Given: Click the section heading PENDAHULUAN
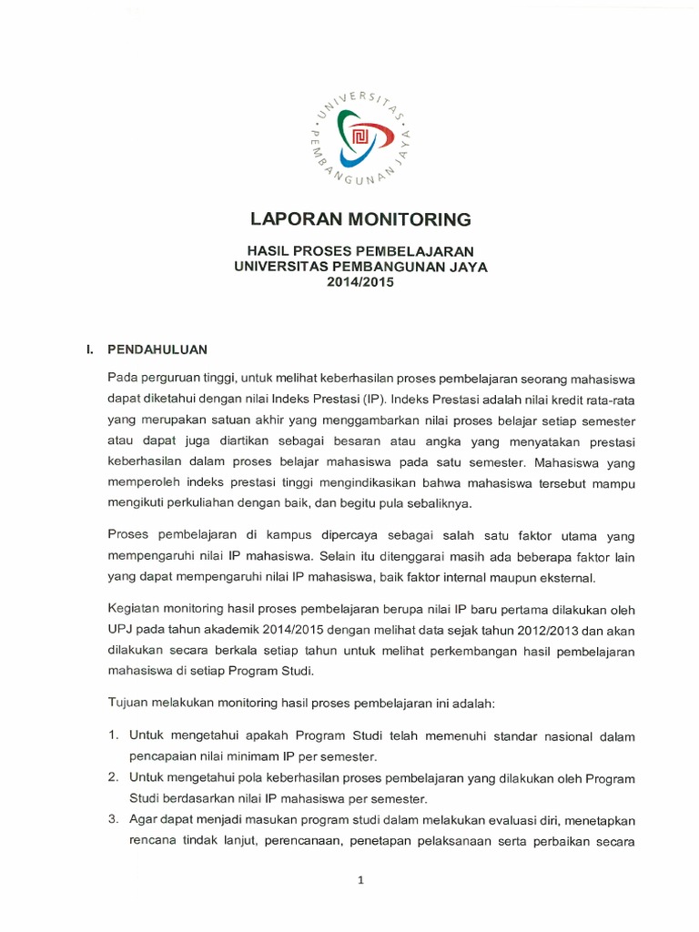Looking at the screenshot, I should tap(158, 349).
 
